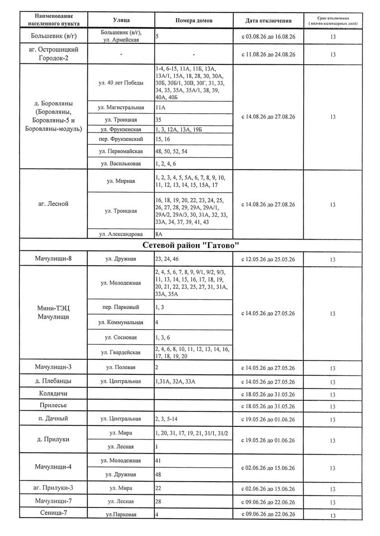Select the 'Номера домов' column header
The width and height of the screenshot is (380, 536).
(x=194, y=20)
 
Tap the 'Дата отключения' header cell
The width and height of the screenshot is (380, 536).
(x=268, y=20)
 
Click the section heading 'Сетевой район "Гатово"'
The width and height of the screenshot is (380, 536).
(x=190, y=245)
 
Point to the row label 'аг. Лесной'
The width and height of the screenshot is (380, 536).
(x=53, y=204)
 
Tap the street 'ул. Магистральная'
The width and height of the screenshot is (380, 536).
(x=121, y=108)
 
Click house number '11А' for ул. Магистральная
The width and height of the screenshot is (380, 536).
(x=160, y=108)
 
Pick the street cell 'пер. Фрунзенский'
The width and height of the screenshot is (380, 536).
(x=121, y=139)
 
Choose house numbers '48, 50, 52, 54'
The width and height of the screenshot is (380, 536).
(x=171, y=151)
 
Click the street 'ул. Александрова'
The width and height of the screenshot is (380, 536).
(x=121, y=234)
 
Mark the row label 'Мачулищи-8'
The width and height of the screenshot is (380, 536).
(x=53, y=259)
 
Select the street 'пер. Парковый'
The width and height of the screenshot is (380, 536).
(x=121, y=307)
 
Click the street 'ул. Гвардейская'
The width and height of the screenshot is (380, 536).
(x=121, y=352)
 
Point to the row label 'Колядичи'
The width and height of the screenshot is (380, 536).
(x=53, y=393)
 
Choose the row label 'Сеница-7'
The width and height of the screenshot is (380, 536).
(x=53, y=513)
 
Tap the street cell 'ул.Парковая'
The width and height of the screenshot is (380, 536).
(x=121, y=515)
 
